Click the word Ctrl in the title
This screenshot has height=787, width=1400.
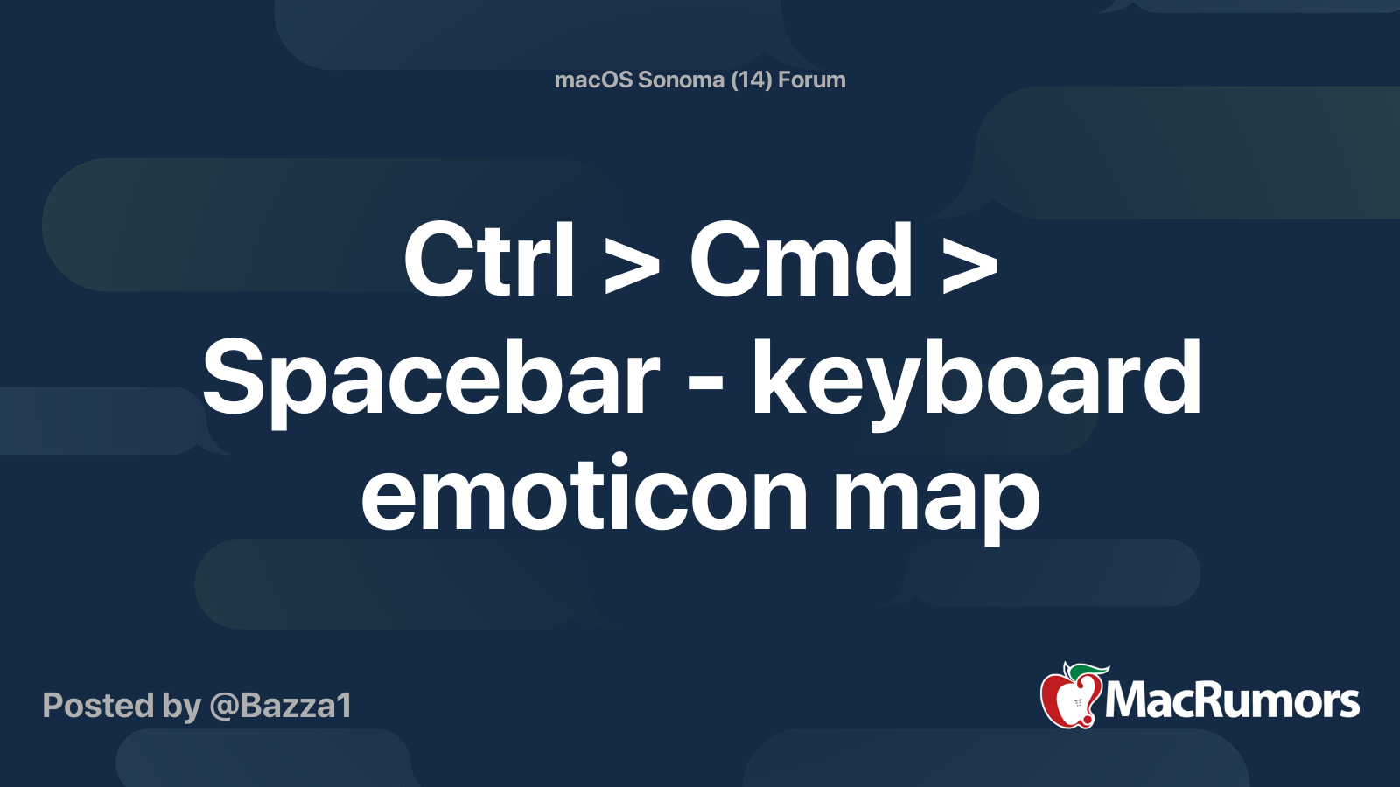point(488,261)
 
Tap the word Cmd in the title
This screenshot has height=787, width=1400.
point(801,261)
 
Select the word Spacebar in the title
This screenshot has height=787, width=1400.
point(430,379)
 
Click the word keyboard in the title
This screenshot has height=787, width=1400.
point(976,379)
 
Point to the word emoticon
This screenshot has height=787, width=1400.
point(584,497)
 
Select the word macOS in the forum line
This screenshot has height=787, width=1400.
point(594,80)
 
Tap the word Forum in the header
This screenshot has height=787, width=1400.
point(811,80)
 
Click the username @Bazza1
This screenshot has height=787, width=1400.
point(280,705)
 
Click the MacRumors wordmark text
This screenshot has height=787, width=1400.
point(1232,701)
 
